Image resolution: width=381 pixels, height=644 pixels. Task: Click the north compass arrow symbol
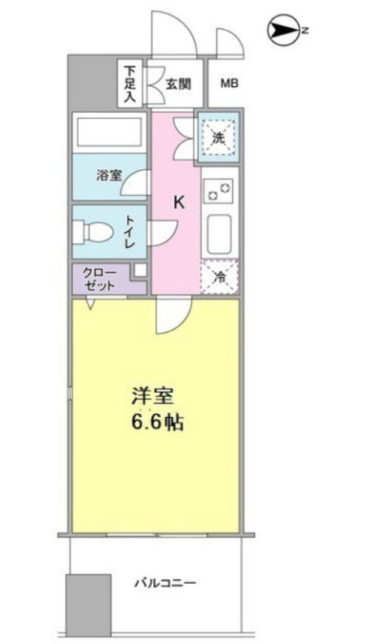pos(283,31)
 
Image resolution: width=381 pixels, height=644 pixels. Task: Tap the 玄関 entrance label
pos(178,83)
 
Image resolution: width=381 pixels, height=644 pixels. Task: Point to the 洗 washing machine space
pos(219,137)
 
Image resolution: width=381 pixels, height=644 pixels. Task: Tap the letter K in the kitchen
pos(179,203)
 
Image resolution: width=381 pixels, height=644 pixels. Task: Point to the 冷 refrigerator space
pos(219,277)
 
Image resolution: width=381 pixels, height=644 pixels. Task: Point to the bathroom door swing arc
pos(135,182)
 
